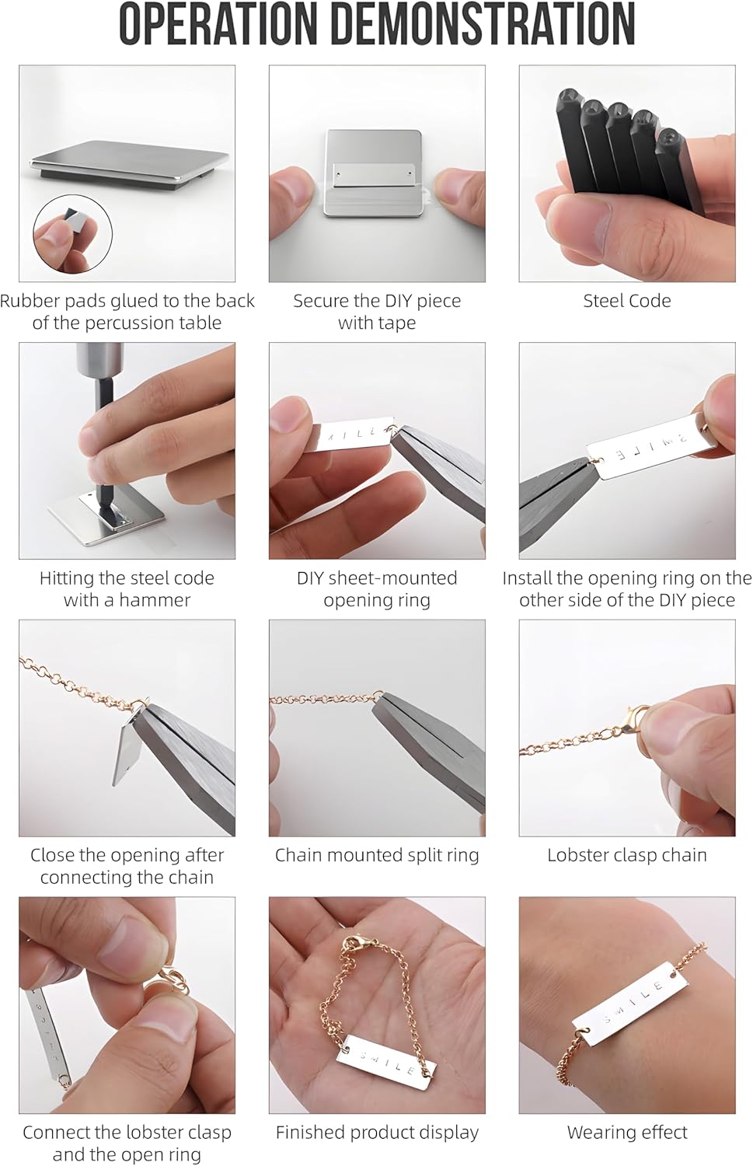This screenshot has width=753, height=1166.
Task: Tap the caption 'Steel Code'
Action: click(x=626, y=301)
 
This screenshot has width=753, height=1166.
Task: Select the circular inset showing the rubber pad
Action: click(x=73, y=233)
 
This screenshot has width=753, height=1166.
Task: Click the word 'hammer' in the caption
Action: click(x=154, y=600)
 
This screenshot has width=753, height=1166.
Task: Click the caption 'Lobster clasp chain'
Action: click(x=626, y=855)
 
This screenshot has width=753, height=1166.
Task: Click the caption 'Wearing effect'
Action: click(x=626, y=1133)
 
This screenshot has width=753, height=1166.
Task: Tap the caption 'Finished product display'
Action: click(x=377, y=1133)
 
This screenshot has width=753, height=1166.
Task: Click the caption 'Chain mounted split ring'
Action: click(x=377, y=855)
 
